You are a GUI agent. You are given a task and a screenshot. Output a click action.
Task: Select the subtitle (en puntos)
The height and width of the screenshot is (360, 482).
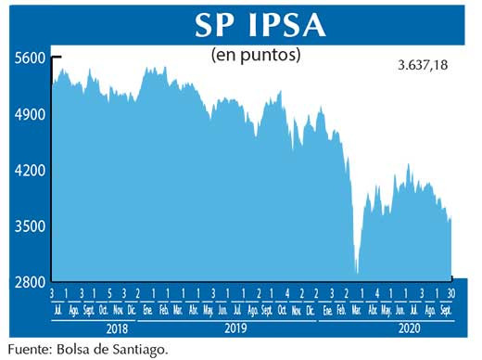coord(256,55)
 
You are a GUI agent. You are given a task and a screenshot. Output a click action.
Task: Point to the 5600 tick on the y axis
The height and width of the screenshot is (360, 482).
coord(30,58)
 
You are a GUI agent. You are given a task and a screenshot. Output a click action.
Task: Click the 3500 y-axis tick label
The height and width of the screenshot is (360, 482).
coord(30,226)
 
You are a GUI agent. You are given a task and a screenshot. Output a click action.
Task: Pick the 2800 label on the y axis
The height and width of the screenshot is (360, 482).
coord(30,281)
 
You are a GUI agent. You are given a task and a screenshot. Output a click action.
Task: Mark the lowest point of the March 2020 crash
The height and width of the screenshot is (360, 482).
coord(357,272)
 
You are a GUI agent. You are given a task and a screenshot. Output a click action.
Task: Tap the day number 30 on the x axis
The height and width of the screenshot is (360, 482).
coord(451,293)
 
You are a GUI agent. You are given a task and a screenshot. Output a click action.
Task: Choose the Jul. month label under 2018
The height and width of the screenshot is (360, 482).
coord(57,310)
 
